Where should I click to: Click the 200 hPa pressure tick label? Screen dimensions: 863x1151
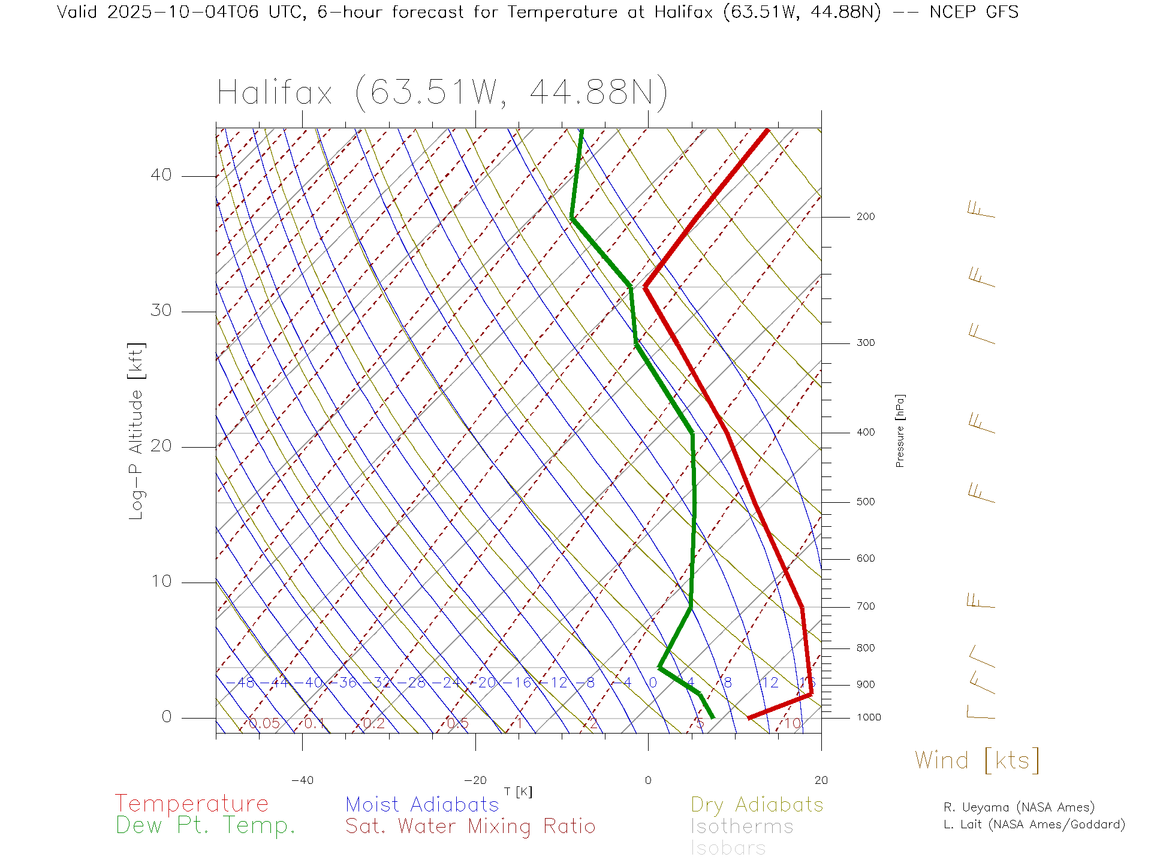[x=866, y=217]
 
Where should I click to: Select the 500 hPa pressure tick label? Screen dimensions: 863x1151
[x=866, y=502]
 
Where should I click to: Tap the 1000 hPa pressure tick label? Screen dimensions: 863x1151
[x=869, y=717]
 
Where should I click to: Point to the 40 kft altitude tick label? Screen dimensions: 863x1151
[x=161, y=175]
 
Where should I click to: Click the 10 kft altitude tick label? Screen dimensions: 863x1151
[x=161, y=581]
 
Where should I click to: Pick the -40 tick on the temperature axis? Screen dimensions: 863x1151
[x=302, y=780]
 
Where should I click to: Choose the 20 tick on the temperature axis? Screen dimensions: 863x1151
[x=821, y=780]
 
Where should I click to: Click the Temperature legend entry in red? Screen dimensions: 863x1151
[x=192, y=803]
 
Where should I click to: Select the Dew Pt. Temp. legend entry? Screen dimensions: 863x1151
[x=206, y=826]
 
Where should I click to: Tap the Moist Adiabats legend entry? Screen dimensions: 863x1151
[x=423, y=804]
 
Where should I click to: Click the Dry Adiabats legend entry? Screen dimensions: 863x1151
[x=757, y=804]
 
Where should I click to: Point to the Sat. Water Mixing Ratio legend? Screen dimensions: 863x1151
[x=471, y=826]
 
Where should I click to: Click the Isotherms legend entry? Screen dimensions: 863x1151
[x=742, y=826]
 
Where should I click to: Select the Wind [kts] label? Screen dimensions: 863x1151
[x=977, y=761]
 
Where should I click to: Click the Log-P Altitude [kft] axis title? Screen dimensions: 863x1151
[x=137, y=431]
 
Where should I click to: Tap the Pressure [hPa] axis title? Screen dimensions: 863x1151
[x=900, y=430]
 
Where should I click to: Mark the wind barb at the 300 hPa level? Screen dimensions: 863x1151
[x=981, y=334]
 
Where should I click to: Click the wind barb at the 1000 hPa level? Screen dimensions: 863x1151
[x=980, y=713]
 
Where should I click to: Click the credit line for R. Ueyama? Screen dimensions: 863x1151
[x=1019, y=807]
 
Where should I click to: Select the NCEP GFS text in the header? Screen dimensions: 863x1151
[x=974, y=12]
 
